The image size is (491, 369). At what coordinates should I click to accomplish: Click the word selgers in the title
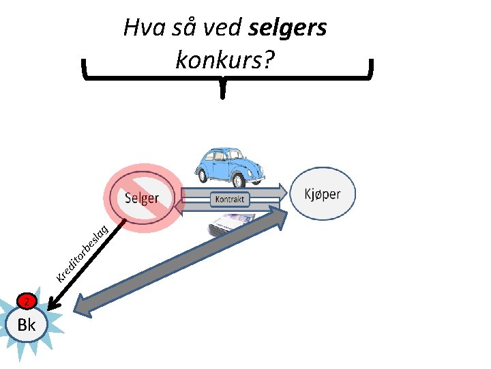tap(288, 28)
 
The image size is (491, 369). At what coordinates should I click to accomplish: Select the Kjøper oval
tap(323, 194)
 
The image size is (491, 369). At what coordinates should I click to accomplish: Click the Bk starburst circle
tap(27, 325)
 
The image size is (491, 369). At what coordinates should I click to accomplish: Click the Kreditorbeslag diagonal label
tap(82, 253)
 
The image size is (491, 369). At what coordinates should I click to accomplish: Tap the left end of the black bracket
tap(84, 68)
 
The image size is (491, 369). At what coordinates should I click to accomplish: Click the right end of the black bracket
tap(372, 68)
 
